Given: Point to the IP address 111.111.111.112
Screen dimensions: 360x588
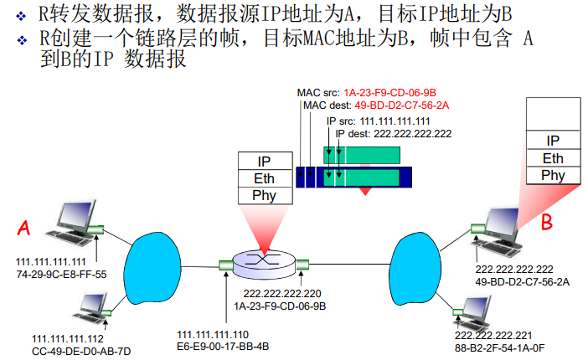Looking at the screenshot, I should click(x=70, y=337).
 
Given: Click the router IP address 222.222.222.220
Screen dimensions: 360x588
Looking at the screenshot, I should click(x=281, y=294).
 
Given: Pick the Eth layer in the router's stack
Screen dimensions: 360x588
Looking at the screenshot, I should click(x=263, y=178).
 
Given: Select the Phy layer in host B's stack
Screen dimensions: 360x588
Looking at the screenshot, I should click(x=553, y=175).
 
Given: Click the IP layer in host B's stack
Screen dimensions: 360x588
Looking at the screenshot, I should click(x=553, y=141).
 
